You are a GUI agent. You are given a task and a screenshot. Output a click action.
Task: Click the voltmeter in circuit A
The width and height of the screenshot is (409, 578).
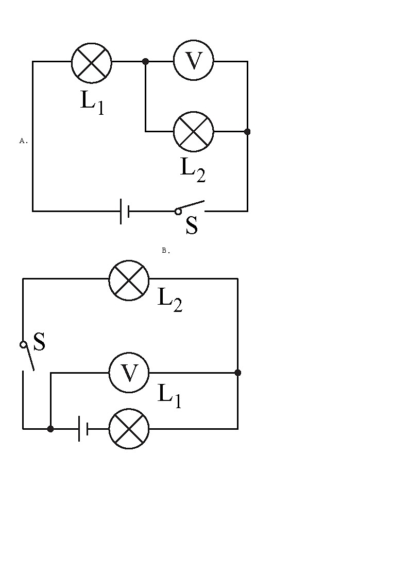[x=193, y=61]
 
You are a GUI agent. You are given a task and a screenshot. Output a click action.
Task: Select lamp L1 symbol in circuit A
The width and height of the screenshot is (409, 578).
[x=91, y=61]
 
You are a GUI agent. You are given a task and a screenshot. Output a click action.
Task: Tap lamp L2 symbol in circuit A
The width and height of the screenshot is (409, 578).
[x=193, y=131]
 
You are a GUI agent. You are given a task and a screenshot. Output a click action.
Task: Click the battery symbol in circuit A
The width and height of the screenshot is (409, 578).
[x=124, y=211]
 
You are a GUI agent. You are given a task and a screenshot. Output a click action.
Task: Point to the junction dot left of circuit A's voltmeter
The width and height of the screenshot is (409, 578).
[x=145, y=61]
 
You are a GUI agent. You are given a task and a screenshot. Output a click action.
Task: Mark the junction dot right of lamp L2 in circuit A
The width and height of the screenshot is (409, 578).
[x=247, y=132]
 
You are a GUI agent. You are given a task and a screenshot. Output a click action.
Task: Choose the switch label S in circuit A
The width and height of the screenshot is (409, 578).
[x=192, y=226]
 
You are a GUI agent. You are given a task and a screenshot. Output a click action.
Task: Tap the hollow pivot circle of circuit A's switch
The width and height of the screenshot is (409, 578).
[x=178, y=211]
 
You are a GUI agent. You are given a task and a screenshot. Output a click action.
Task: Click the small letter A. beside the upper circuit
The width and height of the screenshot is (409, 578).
[x=23, y=141]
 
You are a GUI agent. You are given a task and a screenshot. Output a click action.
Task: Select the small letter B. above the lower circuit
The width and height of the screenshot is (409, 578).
[x=166, y=251]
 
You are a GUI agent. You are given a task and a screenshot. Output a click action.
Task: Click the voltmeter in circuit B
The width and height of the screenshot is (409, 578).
[x=129, y=372]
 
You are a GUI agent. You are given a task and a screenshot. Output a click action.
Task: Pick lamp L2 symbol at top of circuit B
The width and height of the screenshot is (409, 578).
[x=129, y=279]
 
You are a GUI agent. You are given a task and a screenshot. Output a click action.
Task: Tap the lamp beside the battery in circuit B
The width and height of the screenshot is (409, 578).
[x=129, y=428]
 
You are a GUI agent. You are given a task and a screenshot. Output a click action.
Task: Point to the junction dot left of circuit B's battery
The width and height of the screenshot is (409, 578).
[x=50, y=428]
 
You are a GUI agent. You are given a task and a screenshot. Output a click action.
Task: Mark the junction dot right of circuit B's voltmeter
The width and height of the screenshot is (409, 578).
[x=237, y=372]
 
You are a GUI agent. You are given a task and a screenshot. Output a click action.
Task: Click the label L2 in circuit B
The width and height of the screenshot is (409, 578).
[x=169, y=299]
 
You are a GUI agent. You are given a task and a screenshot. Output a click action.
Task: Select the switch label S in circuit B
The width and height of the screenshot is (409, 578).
[x=39, y=342]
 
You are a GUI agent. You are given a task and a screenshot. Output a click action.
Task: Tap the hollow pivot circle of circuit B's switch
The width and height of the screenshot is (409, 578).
[x=23, y=344]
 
